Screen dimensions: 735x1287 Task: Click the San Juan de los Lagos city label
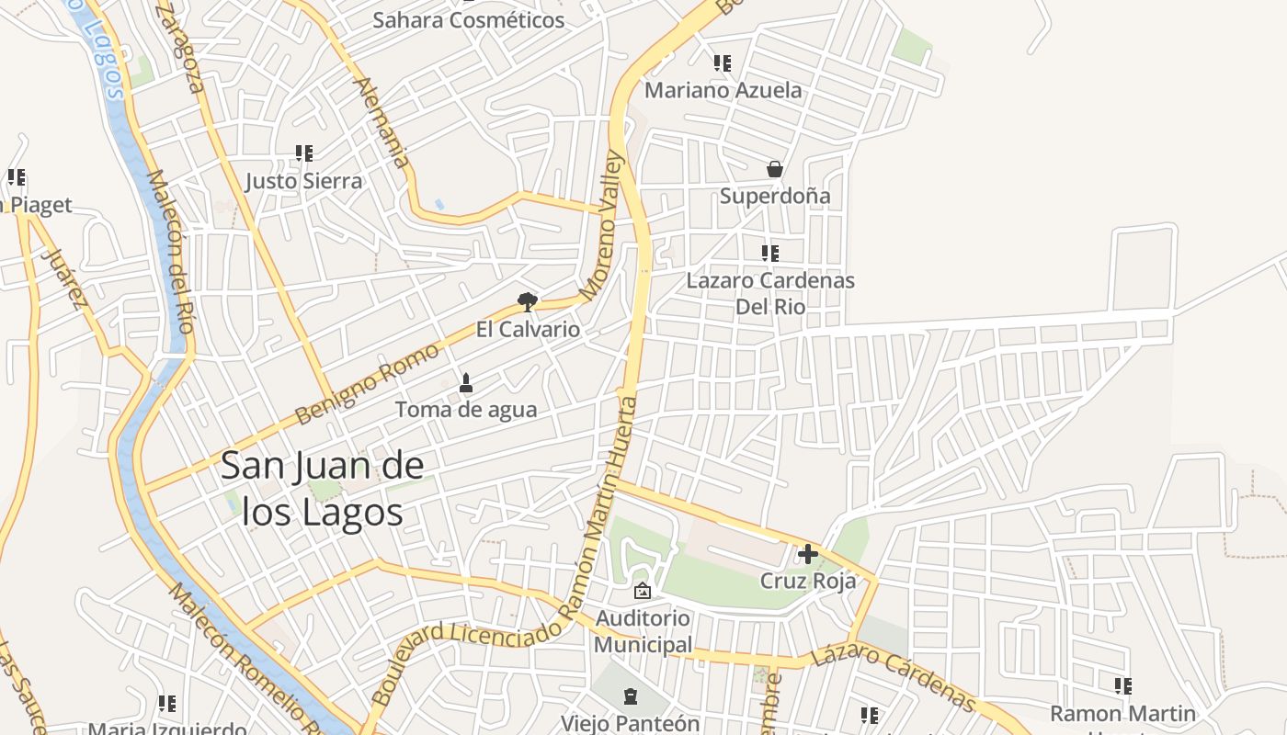pyautogui.click(x=322, y=489)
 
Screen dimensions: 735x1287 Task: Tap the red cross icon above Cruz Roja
pyautogui.click(x=808, y=554)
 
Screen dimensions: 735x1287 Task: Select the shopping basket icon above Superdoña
pyautogui.click(x=775, y=169)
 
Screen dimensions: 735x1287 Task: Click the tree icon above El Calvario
pyautogui.click(x=527, y=301)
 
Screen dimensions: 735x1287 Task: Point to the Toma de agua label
pyautogui.click(x=466, y=410)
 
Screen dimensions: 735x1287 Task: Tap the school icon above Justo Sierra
pyautogui.click(x=304, y=153)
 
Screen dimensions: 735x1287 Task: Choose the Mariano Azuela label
pyautogui.click(x=723, y=90)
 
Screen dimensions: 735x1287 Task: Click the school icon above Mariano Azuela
pyautogui.click(x=723, y=63)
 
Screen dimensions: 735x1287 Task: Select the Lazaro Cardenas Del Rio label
pyautogui.click(x=770, y=293)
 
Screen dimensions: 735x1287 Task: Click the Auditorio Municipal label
pyautogui.click(x=643, y=631)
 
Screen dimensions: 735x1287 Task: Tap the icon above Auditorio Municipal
pyautogui.click(x=643, y=591)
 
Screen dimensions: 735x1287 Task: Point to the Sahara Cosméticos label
pyautogui.click(x=468, y=20)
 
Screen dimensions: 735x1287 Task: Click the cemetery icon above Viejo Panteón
pyautogui.click(x=630, y=696)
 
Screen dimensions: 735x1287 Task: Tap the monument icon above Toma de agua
pyautogui.click(x=465, y=382)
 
